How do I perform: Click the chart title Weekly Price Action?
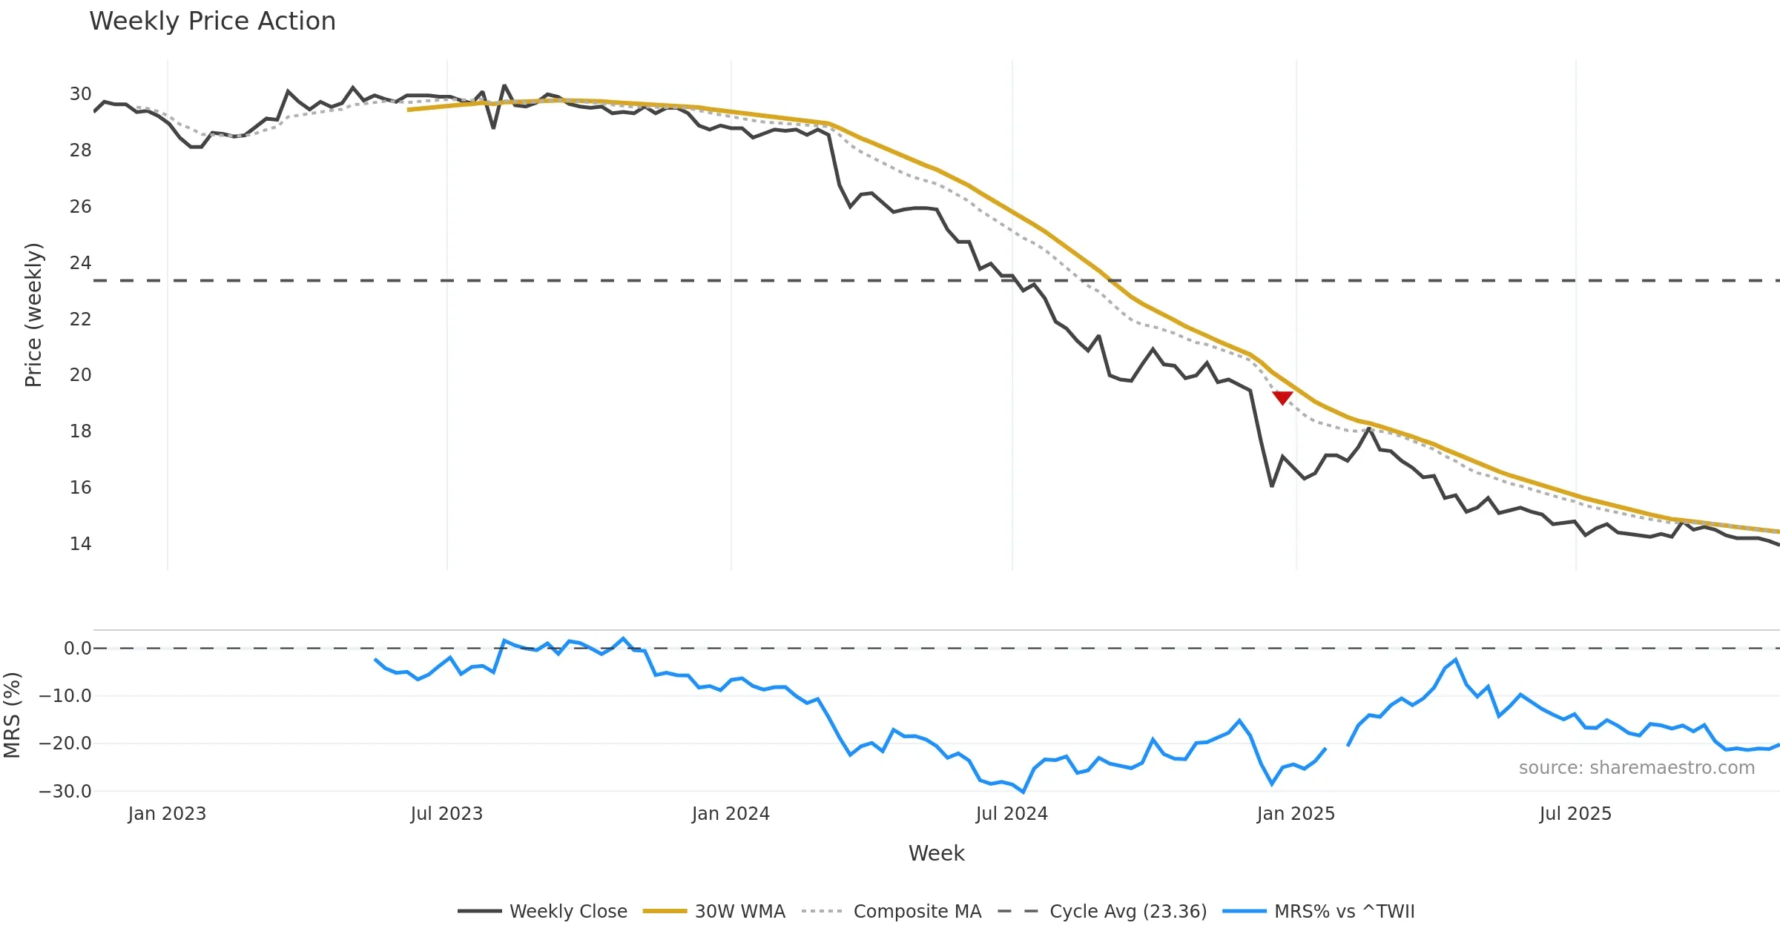[212, 21]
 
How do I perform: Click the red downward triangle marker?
[1282, 398]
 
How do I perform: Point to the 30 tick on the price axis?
[80, 94]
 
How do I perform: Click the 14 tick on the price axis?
[80, 544]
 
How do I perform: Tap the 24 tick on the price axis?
[80, 263]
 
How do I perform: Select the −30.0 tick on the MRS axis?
[65, 792]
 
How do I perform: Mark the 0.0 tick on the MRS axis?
[77, 649]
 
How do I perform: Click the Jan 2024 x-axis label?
[731, 814]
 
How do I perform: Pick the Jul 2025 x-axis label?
[1575, 814]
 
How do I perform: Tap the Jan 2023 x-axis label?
[167, 814]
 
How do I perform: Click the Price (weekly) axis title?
[34, 315]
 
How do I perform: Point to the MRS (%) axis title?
[13, 715]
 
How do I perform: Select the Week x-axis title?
[936, 854]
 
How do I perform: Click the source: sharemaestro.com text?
[1636, 768]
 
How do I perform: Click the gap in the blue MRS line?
[1336, 747]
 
